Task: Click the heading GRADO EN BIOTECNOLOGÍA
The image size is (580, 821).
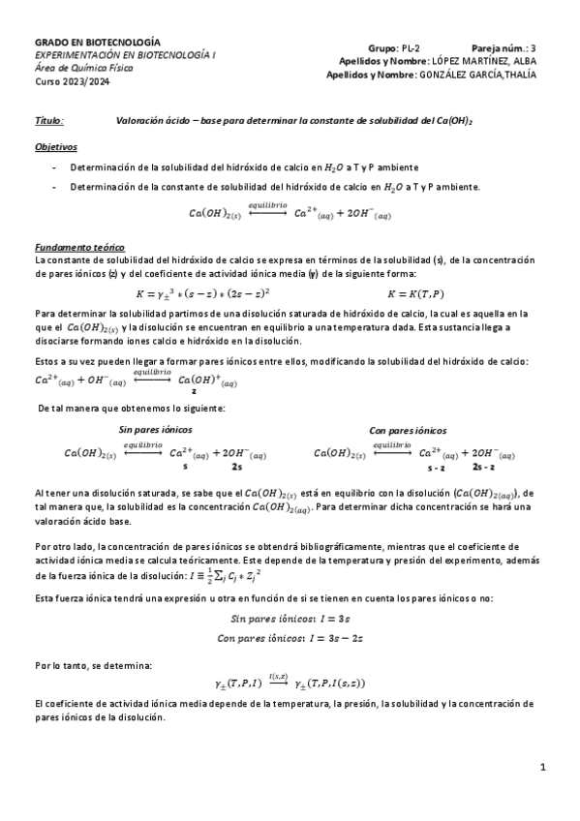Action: tap(98, 43)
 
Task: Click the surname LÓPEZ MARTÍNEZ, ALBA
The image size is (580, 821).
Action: tap(484, 60)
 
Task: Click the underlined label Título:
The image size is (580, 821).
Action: tap(49, 122)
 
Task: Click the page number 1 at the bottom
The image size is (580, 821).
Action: tap(543, 768)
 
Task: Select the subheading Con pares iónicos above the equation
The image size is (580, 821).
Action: tap(410, 429)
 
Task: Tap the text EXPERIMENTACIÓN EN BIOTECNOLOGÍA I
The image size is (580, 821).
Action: tap(126, 56)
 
